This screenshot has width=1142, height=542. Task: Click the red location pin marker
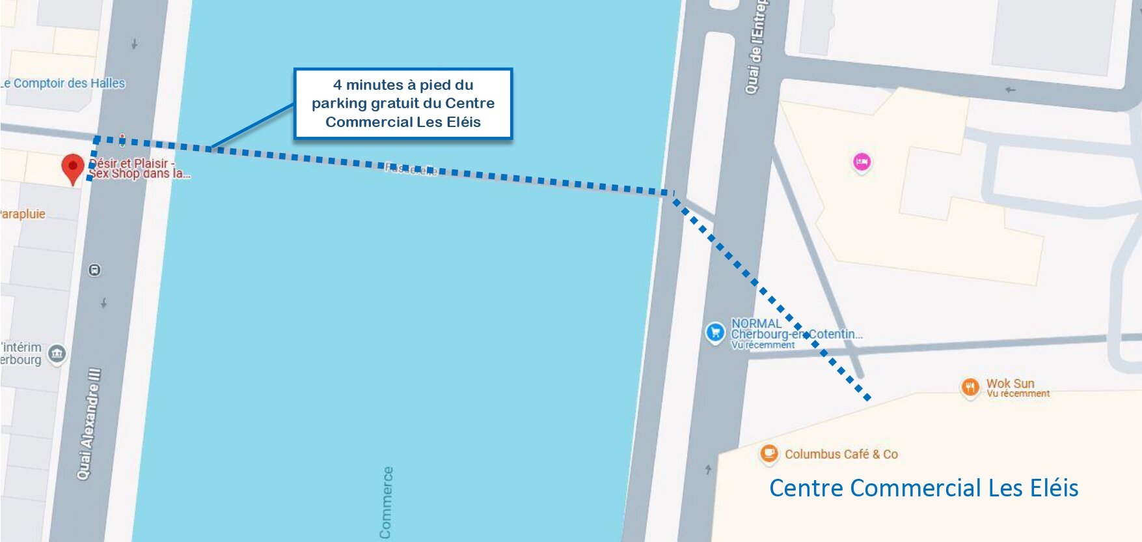click(x=73, y=167)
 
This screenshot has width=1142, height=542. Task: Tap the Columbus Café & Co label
click(x=841, y=454)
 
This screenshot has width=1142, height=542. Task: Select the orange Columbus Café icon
click(x=769, y=453)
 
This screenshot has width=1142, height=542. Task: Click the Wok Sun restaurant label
click(x=1010, y=384)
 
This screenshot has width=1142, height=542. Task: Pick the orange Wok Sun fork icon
click(x=970, y=388)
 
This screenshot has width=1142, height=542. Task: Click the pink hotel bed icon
click(x=862, y=162)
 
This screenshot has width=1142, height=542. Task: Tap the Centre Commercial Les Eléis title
click(x=923, y=488)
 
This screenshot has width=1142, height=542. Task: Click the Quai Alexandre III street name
click(x=90, y=423)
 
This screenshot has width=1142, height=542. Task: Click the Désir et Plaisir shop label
click(x=138, y=168)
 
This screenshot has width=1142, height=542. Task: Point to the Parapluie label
click(x=22, y=214)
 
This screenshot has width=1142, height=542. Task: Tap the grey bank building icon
click(x=57, y=353)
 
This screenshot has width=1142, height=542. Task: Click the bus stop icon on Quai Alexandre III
click(x=95, y=270)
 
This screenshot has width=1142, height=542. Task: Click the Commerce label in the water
click(x=386, y=502)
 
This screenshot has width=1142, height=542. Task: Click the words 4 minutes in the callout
click(x=368, y=85)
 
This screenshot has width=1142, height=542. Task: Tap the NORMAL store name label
click(x=756, y=323)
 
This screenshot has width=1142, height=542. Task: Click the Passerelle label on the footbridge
click(x=411, y=169)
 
